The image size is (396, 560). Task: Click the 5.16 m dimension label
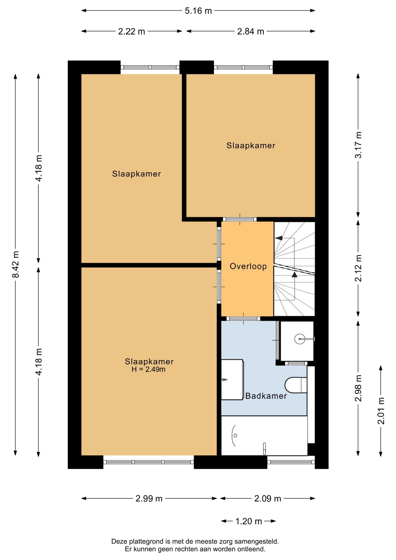(198, 11)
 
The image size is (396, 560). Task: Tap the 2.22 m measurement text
(132, 32)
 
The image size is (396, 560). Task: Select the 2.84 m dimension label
(250, 32)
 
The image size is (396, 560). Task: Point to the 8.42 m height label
(15, 264)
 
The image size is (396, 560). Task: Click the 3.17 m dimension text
(358, 145)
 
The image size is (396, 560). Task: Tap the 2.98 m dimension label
(358, 388)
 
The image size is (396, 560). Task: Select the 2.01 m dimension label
(381, 411)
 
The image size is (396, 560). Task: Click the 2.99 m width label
(149, 498)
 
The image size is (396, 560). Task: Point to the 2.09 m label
(268, 498)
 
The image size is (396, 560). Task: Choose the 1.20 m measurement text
(248, 521)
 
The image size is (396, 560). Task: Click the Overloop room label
(248, 266)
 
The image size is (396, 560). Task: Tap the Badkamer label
(266, 396)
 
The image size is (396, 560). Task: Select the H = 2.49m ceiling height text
(148, 370)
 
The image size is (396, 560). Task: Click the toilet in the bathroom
(296, 385)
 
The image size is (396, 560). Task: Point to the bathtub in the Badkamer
(264, 435)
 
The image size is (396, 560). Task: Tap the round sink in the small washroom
(300, 339)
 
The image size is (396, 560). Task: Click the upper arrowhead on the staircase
(279, 238)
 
